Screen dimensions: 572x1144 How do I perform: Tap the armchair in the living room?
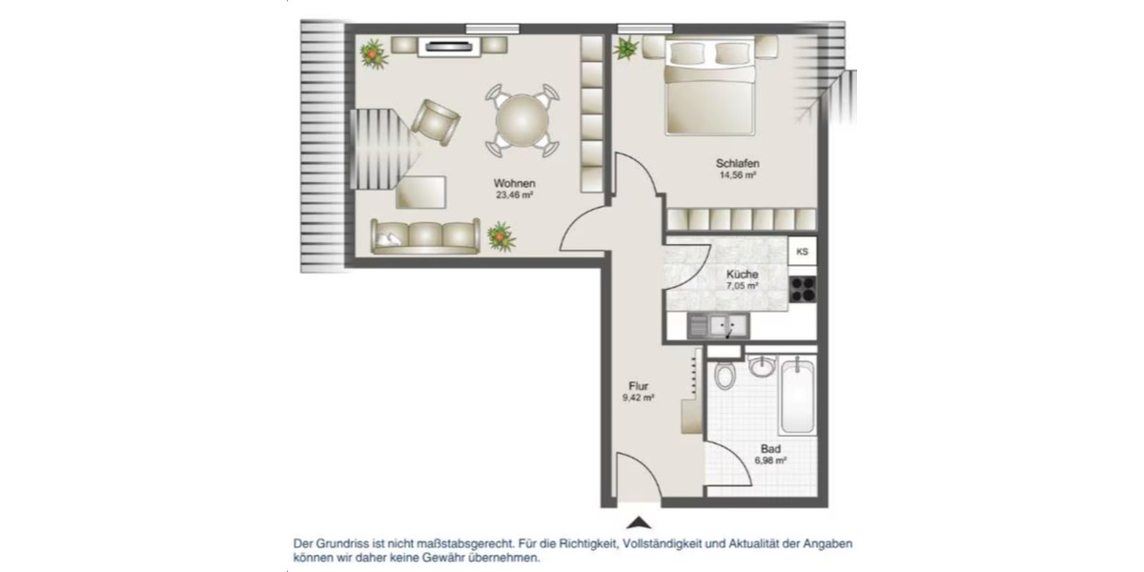[436, 120]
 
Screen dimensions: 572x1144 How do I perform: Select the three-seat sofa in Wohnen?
[425, 235]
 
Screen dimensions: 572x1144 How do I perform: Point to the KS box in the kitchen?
[803, 252]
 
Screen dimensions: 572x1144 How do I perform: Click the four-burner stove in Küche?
[803, 287]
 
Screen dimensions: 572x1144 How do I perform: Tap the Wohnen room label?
[514, 183]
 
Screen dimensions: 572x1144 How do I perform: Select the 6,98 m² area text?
[770, 460]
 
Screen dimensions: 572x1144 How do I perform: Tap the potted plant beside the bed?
[626, 48]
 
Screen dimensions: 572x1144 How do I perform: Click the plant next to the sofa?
[501, 235]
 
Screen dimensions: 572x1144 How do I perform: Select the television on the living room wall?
[445, 44]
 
